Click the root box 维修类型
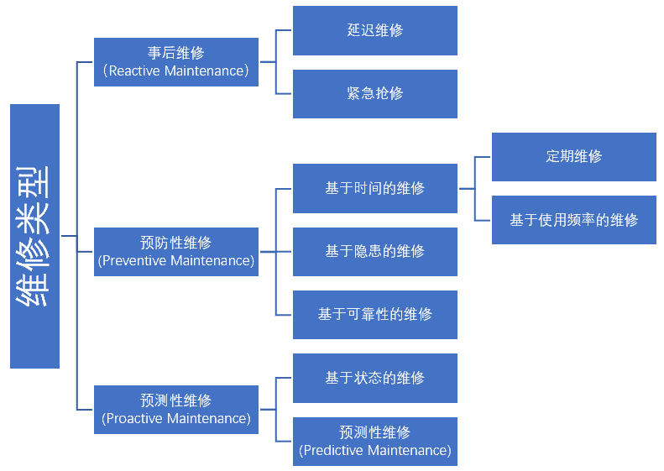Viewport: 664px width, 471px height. pos(34,236)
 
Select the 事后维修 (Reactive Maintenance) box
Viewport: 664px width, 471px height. pos(175,62)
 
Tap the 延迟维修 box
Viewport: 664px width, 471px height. pos(374,30)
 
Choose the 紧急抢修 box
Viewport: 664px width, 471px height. pos(374,93)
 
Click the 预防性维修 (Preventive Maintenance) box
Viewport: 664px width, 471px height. pos(175,251)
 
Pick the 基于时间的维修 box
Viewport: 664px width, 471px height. pos(374,188)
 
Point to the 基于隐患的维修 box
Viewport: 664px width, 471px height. pos(374,251)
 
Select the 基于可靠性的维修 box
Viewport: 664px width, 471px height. pos(374,314)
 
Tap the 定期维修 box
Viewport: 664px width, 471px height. pos(573,156)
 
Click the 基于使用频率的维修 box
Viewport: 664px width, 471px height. pos(573,220)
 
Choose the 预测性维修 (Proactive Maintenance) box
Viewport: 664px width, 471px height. pos(175,409)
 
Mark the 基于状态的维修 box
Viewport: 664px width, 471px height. pos(374,378)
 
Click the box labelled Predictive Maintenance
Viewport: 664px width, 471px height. pos(374,442)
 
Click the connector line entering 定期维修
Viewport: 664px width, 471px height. pos(483,157)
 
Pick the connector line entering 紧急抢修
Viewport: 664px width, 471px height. pos(284,93)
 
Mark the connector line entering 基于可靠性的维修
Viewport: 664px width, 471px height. pos(284,315)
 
